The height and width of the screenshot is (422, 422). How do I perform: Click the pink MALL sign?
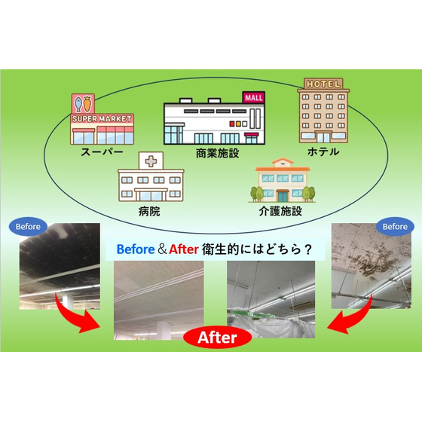pos(254,97)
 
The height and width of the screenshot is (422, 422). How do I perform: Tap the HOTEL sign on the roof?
pos(323,84)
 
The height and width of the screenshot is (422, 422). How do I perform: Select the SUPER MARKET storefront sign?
pos(102,119)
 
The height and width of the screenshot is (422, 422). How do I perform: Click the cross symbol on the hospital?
pos(151,161)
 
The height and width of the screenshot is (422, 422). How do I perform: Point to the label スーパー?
pos(102,152)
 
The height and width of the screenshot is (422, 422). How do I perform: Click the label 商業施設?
pos(217,154)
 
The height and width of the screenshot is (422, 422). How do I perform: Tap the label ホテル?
pos(323,151)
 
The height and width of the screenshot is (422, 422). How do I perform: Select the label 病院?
pos(149,211)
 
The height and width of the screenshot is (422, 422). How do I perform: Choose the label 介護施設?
pos(280,211)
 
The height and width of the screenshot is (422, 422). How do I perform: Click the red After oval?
pos(218,338)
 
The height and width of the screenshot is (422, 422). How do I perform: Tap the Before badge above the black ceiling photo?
pos(28,227)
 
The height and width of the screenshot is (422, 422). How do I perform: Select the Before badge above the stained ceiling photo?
pos(395,227)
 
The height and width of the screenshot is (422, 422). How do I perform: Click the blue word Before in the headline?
pos(136,249)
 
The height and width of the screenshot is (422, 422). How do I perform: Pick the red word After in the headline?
pos(184,249)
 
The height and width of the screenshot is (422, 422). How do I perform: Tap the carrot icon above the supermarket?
pos(87,104)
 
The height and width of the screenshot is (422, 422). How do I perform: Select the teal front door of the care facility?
pos(283,196)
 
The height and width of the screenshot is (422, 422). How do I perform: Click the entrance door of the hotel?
pos(323,137)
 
